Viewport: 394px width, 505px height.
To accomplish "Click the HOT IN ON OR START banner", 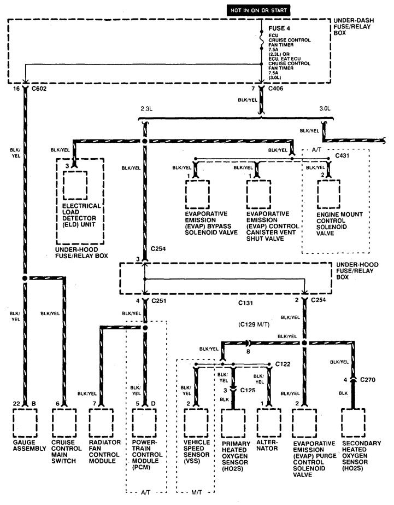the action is (258, 10).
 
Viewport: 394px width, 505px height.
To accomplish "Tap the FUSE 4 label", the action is (279, 28).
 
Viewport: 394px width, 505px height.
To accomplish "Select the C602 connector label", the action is (39, 89).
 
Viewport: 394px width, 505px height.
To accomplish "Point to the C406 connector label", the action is (275, 88).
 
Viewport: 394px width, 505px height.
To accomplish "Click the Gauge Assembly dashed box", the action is (25, 423).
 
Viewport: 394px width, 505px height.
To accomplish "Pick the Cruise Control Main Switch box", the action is (64, 423).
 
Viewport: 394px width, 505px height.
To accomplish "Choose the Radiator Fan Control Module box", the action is (101, 423).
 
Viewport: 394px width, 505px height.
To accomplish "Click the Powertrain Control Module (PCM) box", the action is (144, 423).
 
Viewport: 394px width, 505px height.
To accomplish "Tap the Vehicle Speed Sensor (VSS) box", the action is (196, 423).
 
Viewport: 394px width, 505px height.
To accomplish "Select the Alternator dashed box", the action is (269, 423).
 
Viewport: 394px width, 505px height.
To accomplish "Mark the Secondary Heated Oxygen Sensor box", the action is (353, 423).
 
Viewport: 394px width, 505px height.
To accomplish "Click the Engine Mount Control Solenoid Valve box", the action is (329, 194).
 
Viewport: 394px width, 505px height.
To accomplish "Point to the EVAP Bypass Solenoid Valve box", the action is (197, 194).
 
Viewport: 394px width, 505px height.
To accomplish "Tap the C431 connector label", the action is (343, 156).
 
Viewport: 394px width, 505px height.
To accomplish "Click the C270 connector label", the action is (368, 380).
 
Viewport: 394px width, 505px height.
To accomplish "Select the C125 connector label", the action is (248, 390).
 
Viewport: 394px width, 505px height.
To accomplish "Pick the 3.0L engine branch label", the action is (325, 108).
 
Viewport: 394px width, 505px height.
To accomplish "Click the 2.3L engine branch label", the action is (146, 108).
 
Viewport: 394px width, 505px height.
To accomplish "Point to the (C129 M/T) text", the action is (254, 324).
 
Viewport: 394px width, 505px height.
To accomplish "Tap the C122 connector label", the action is (283, 364).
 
